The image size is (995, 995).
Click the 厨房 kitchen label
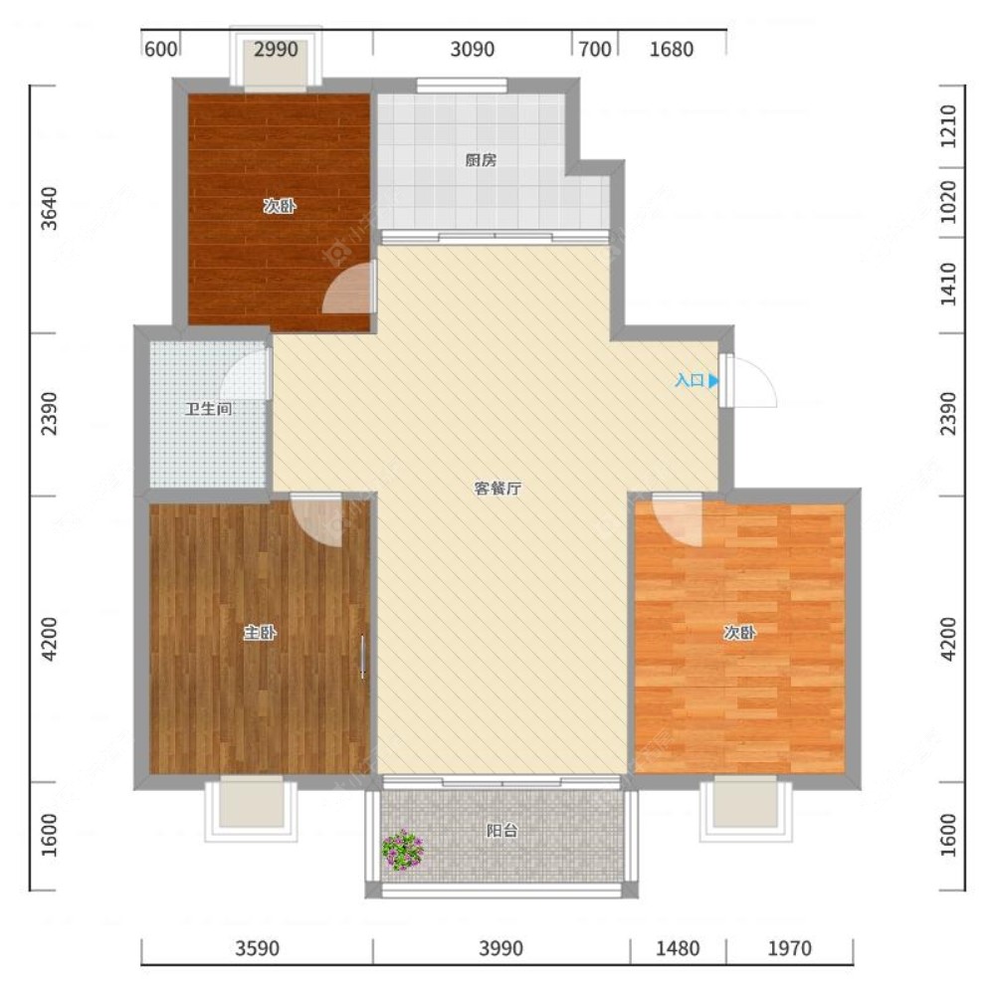(x=481, y=160)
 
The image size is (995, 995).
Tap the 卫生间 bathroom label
(x=208, y=409)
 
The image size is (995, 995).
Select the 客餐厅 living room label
(x=498, y=488)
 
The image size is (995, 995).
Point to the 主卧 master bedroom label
(x=260, y=632)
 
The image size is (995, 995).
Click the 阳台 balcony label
(x=501, y=830)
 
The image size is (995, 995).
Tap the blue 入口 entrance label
(x=696, y=380)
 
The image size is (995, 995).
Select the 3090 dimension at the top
(x=472, y=49)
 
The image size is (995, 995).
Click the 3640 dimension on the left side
(x=49, y=209)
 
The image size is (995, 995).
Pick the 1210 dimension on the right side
(x=947, y=126)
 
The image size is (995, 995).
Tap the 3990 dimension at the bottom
(x=500, y=948)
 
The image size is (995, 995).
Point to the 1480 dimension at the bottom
(x=678, y=948)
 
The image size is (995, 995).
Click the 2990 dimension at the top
(x=276, y=49)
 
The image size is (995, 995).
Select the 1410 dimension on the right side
(x=947, y=285)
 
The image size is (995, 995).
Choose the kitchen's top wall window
(x=462, y=85)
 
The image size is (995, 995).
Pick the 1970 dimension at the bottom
(x=789, y=948)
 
